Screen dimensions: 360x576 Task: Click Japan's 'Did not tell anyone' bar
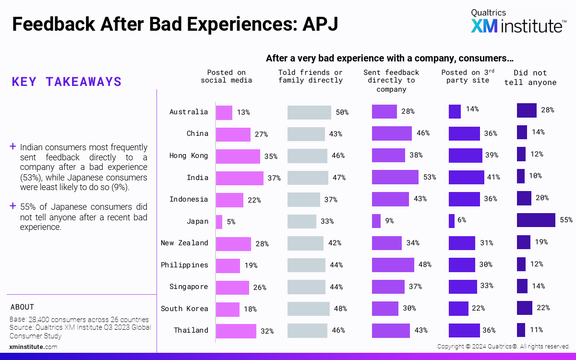[x=536, y=220]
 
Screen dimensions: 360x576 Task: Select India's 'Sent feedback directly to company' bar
[x=395, y=178]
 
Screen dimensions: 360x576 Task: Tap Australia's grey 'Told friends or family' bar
[x=309, y=112]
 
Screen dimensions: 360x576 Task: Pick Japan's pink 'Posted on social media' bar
[x=219, y=222]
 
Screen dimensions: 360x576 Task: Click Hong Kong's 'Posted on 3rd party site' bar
[x=465, y=156]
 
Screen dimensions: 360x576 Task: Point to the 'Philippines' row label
[x=184, y=265]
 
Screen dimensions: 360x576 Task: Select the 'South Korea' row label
[x=184, y=309]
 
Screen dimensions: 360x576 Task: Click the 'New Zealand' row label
[x=184, y=243]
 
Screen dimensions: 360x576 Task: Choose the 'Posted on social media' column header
[x=226, y=76]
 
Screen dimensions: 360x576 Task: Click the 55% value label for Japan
[x=566, y=220]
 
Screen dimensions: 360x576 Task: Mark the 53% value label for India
[x=429, y=178]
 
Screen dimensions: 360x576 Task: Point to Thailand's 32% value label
[x=267, y=331]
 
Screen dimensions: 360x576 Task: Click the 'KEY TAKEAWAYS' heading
[x=67, y=82]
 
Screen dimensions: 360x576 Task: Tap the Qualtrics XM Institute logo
[x=517, y=21]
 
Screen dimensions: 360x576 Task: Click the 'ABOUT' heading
[x=22, y=307]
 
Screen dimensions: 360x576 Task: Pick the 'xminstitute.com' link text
[x=33, y=347]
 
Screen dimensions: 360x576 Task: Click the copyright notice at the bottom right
[x=503, y=346]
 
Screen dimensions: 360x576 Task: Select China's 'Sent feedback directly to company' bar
[x=392, y=133]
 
